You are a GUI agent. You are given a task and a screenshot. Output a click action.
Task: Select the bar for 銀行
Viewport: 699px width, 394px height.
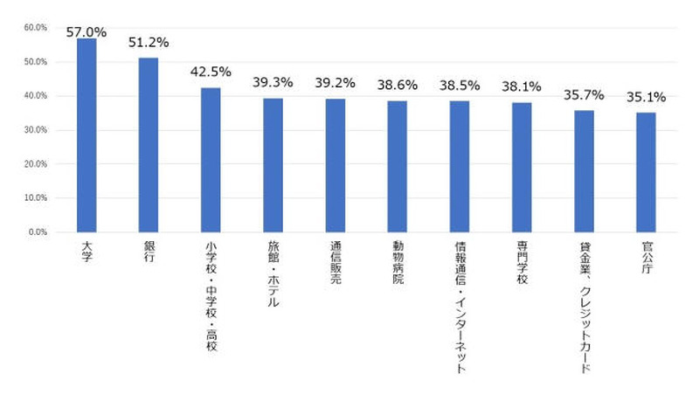click(x=149, y=145)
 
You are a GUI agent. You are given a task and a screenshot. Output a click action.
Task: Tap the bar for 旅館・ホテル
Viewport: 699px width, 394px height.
click(x=273, y=165)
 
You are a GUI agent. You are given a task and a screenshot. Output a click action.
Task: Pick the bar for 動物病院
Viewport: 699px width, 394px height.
click(x=398, y=166)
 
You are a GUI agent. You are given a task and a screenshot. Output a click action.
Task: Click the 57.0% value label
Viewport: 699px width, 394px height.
click(x=87, y=31)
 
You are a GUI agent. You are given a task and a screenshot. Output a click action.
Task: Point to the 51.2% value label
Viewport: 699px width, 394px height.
click(x=149, y=42)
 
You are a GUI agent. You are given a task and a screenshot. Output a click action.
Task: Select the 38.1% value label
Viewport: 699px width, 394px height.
click(x=522, y=86)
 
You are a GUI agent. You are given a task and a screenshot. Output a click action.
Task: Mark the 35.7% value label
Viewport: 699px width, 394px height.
click(x=584, y=94)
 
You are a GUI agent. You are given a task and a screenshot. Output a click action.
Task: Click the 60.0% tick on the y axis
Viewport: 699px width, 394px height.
click(x=35, y=27)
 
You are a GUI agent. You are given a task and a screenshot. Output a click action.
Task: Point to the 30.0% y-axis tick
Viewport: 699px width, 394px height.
click(x=35, y=130)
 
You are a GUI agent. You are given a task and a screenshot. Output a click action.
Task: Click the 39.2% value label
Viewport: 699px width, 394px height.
click(x=336, y=83)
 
